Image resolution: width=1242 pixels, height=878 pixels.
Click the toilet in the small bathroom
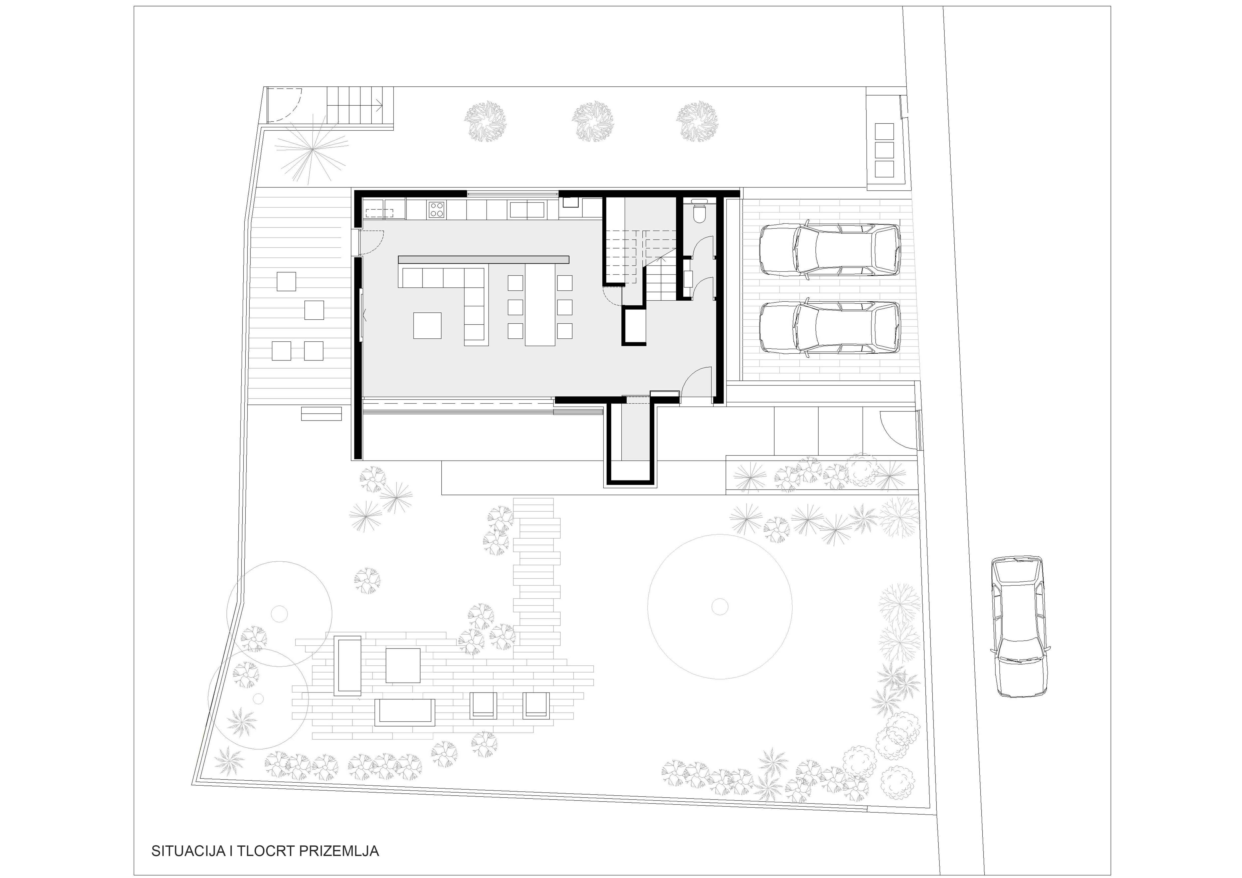[x=699, y=212]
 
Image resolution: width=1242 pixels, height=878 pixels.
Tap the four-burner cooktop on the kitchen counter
[x=437, y=209]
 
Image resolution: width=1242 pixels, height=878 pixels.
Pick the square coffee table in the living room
[x=427, y=325]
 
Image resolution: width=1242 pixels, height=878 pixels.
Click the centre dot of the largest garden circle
[x=720, y=607]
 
